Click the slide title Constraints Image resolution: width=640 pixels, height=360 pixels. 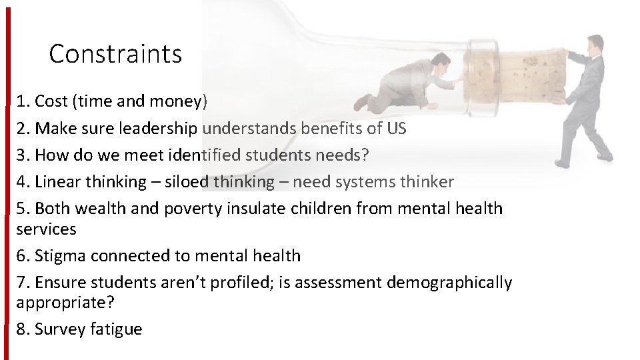(115, 54)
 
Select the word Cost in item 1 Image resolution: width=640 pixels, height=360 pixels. (51, 101)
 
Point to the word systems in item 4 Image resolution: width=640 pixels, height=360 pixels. (367, 181)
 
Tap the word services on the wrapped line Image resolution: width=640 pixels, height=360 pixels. (46, 229)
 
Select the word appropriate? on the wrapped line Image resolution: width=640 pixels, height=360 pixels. (65, 303)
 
